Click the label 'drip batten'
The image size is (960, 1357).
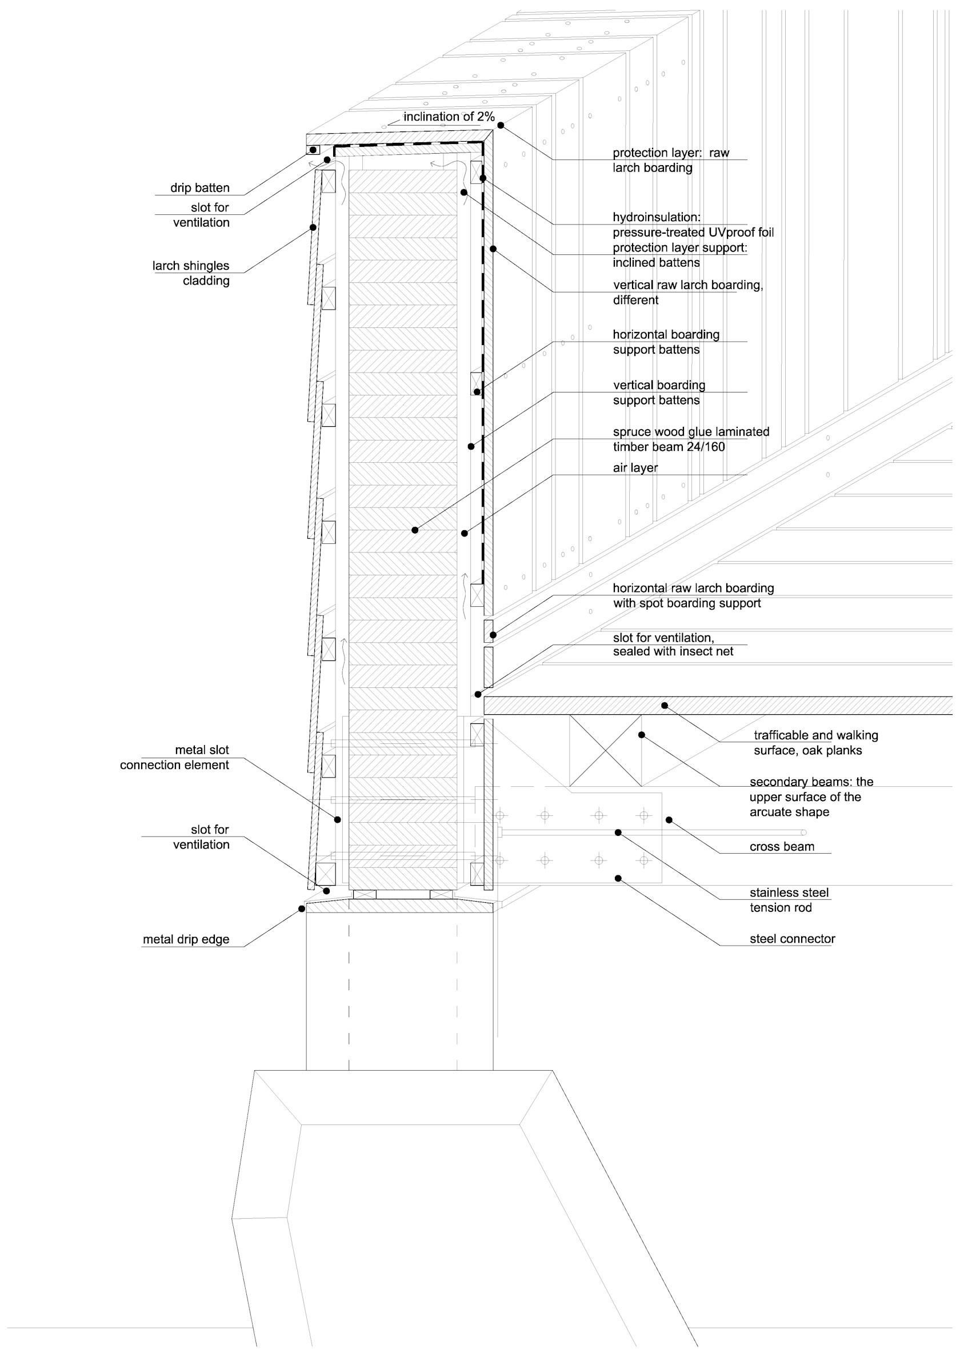tap(200, 188)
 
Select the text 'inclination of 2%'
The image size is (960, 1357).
tap(449, 117)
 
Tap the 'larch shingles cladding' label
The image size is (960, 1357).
tap(191, 273)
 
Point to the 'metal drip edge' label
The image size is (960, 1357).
tap(186, 939)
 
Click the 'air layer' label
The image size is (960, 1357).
tap(635, 467)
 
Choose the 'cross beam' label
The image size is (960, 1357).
tap(782, 846)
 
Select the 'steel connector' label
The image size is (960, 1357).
tap(793, 939)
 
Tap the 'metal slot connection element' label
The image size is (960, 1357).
tap(174, 757)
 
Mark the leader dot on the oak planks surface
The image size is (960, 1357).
tap(665, 705)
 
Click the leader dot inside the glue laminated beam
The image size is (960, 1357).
tap(415, 530)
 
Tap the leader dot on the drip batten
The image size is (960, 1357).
tap(313, 150)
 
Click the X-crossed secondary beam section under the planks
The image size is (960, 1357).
tap(605, 750)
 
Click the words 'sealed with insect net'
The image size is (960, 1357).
tap(673, 651)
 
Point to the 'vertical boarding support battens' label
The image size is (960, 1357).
tap(659, 393)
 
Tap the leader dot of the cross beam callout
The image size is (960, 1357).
tap(669, 820)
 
